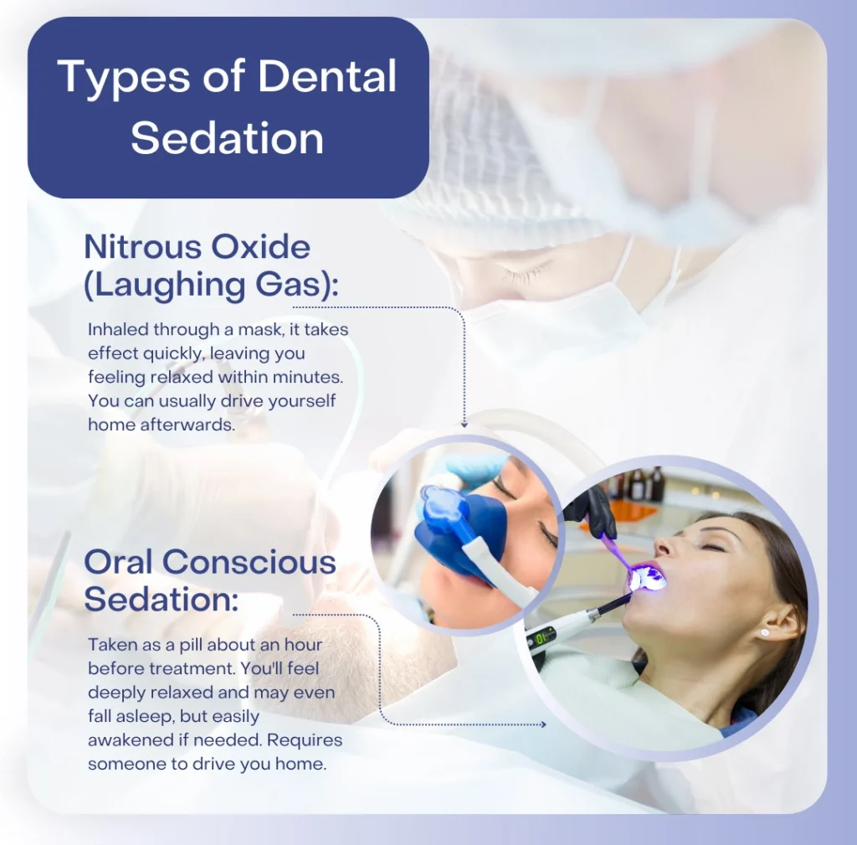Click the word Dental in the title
coord(327,76)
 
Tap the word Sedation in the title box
coord(228,138)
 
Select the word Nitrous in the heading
coord(142,247)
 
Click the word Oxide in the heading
coord(260,247)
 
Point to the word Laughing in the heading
coord(170,285)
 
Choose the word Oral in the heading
coord(118,562)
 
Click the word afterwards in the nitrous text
coord(187,425)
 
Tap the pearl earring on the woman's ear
coord(764,633)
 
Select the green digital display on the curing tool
coord(542,637)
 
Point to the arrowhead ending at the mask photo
coord(464,425)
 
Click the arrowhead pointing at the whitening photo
coord(542,724)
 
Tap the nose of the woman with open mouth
coord(664,544)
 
